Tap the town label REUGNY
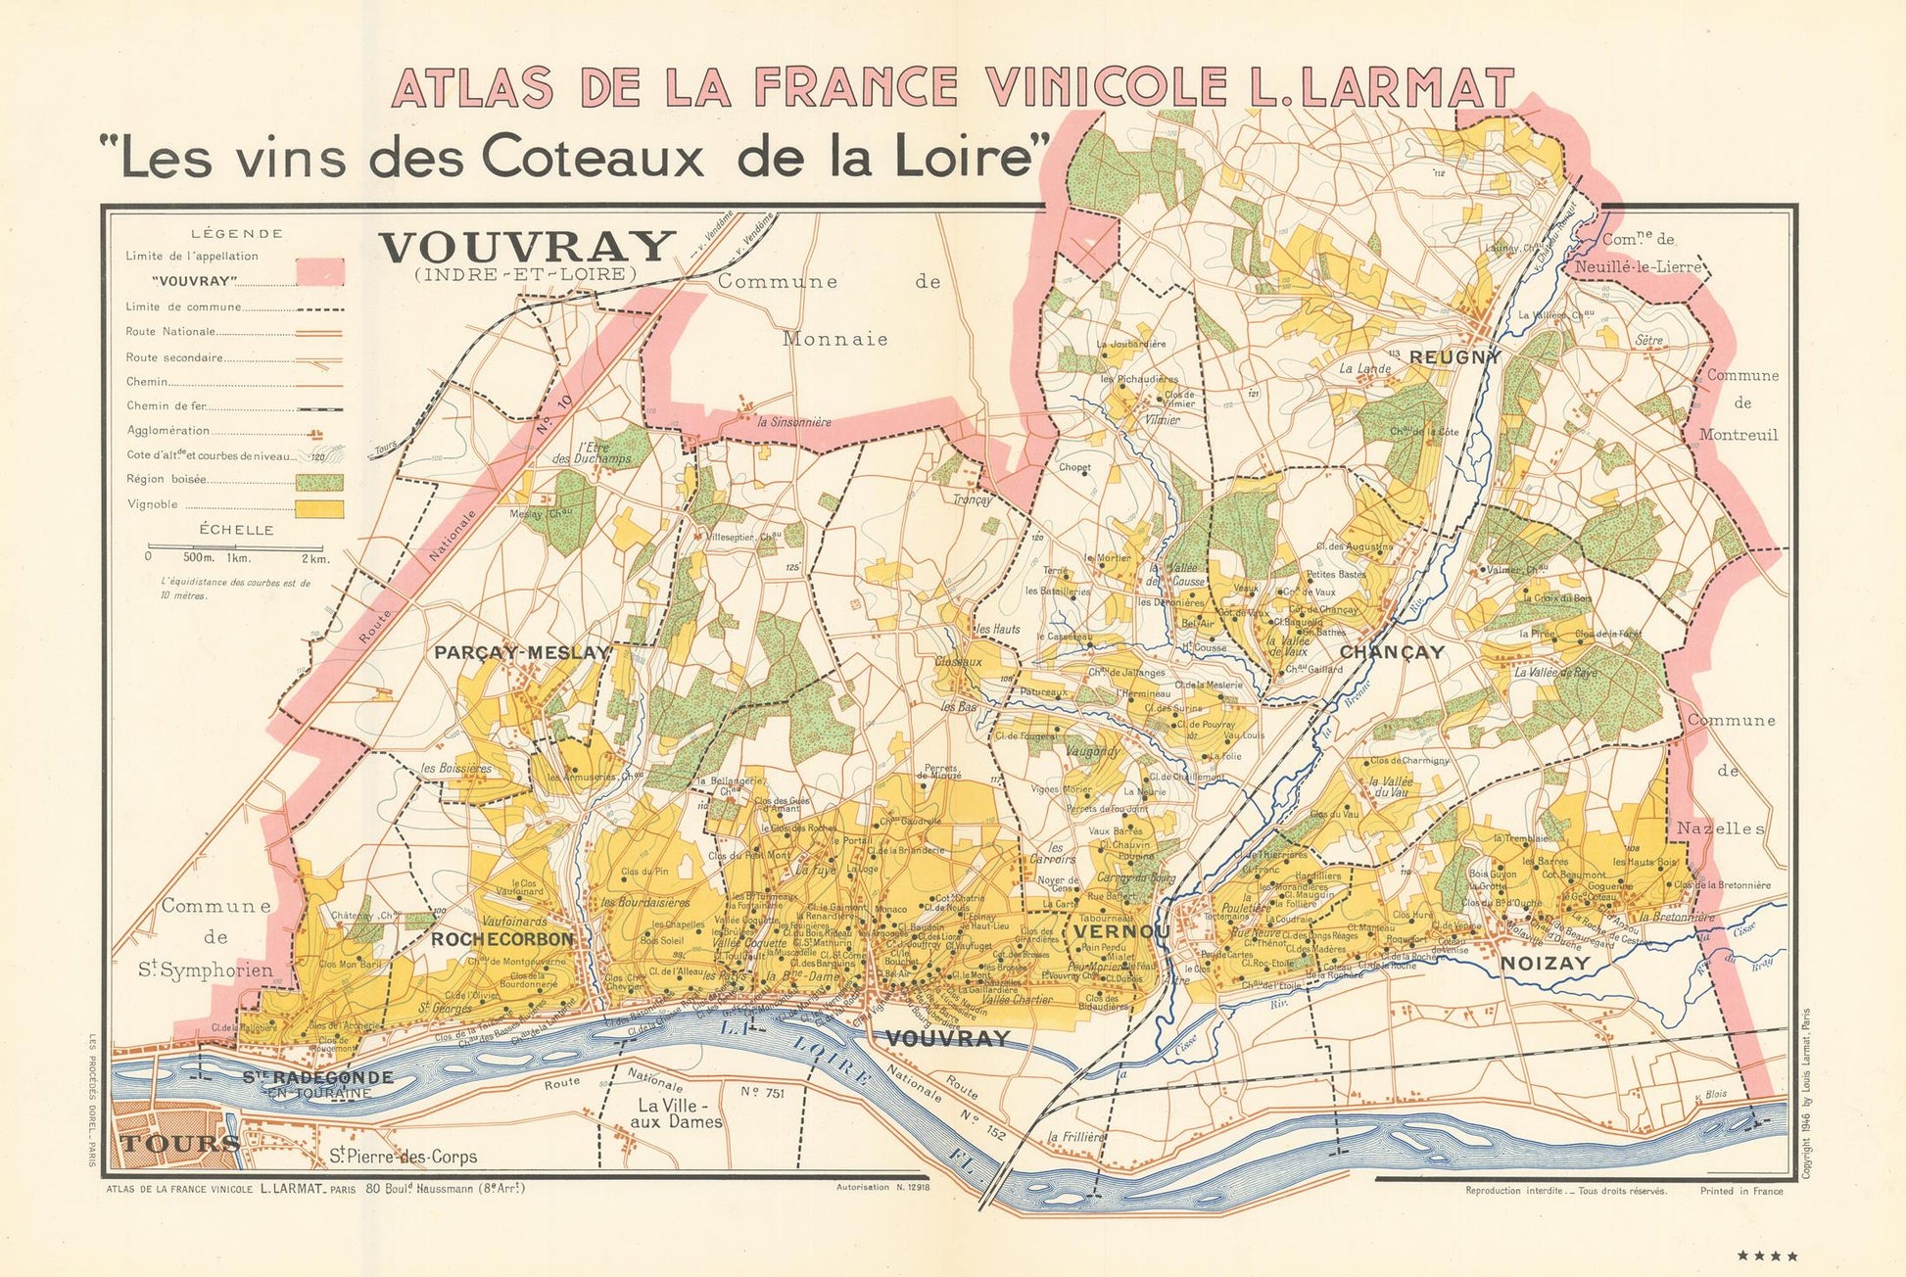[1454, 358]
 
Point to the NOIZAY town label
[1546, 964]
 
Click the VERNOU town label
[1120, 931]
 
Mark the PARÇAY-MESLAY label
[522, 653]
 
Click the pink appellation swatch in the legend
[320, 272]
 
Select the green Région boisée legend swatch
[320, 482]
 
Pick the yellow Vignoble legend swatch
[320, 507]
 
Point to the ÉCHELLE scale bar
[238, 546]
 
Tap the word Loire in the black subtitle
[971, 158]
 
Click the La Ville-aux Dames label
[679, 1114]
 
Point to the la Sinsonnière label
[794, 422]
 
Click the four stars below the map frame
[1768, 1255]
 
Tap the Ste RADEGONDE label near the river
[317, 1078]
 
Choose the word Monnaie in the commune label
[835, 340]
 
